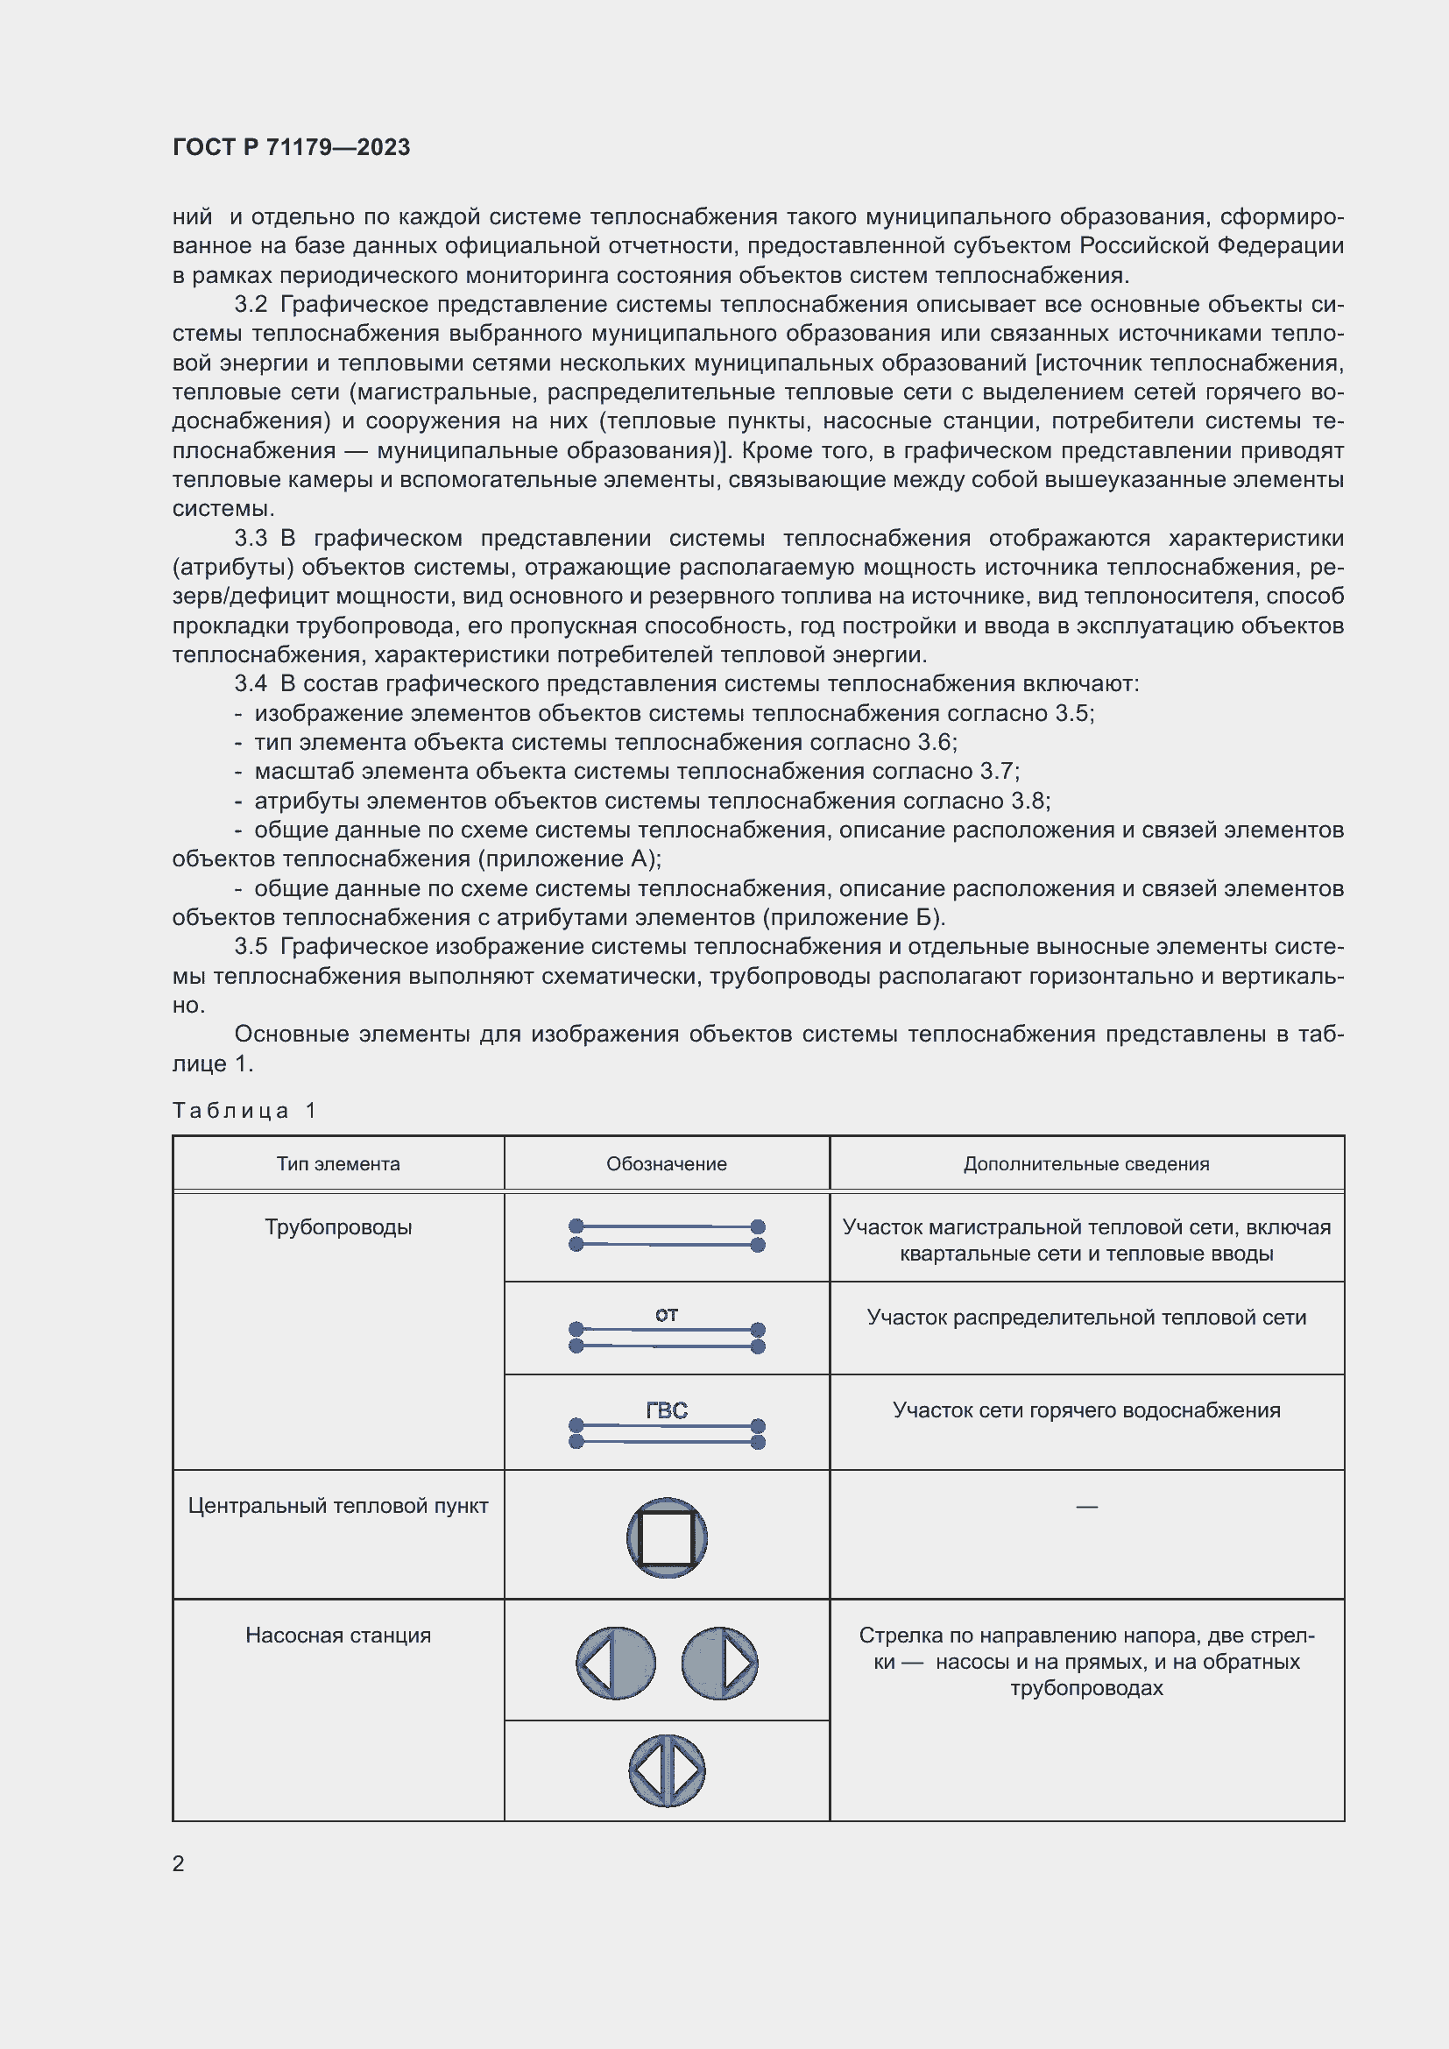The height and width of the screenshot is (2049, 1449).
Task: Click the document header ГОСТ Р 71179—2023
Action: tap(291, 147)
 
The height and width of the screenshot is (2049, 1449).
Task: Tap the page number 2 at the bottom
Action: tap(179, 1863)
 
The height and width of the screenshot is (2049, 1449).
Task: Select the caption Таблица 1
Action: tap(244, 1110)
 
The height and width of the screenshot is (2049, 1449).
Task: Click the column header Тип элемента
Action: tap(338, 1163)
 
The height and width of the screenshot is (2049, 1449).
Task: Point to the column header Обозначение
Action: tap(667, 1163)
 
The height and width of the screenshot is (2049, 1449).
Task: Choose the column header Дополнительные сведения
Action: tap(1085, 1163)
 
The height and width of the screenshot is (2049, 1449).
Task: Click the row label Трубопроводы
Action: tap(338, 1227)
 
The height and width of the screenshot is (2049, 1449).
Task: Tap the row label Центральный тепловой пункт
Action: tap(338, 1507)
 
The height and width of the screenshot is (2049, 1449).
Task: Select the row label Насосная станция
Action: tap(338, 1636)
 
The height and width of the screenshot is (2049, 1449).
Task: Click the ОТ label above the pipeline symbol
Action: tap(667, 1315)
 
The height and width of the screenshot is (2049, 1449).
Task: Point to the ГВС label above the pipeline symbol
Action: tap(667, 1410)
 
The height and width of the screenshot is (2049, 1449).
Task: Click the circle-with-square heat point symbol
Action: tap(667, 1537)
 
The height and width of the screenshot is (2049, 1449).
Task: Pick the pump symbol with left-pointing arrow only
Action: tap(616, 1664)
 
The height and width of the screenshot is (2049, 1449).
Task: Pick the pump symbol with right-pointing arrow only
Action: tap(719, 1664)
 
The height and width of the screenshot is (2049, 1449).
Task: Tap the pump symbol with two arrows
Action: tap(667, 1770)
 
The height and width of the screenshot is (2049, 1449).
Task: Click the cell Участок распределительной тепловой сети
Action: tap(1085, 1318)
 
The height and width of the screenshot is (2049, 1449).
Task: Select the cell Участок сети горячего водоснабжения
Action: tap(1085, 1410)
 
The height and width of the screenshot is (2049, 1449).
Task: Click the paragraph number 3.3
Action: tap(251, 538)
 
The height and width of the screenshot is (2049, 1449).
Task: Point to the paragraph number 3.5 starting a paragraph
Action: tap(251, 946)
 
